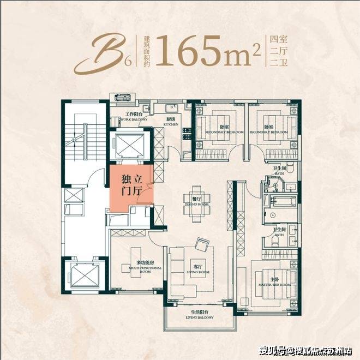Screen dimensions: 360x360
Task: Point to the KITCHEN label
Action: (x=170, y=123)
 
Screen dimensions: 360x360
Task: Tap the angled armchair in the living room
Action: (x=202, y=244)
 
